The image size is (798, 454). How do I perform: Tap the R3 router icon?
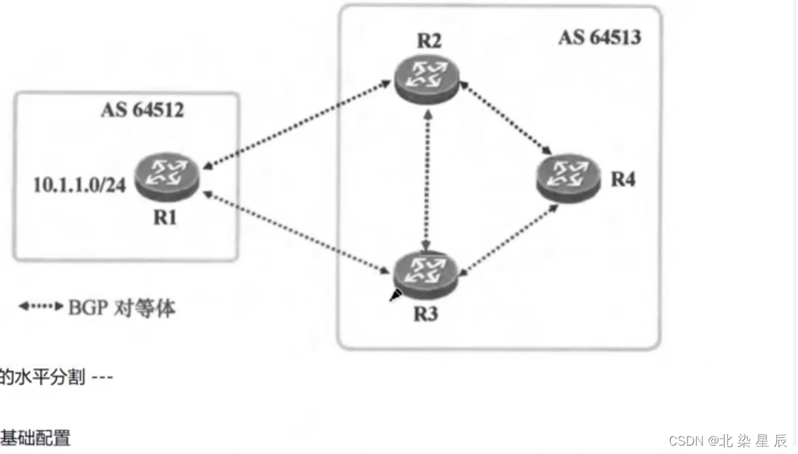click(x=425, y=274)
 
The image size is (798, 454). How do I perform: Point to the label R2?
click(x=428, y=41)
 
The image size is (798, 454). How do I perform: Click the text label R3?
click(x=425, y=314)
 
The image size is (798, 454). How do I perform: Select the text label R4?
click(x=623, y=179)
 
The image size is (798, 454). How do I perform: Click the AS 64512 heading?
click(x=143, y=110)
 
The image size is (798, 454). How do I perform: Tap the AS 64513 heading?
click(x=599, y=37)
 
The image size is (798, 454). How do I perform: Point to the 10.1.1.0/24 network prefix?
click(x=80, y=186)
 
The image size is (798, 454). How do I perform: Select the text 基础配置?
click(x=35, y=438)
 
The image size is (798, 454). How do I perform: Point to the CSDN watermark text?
click(x=727, y=441)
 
